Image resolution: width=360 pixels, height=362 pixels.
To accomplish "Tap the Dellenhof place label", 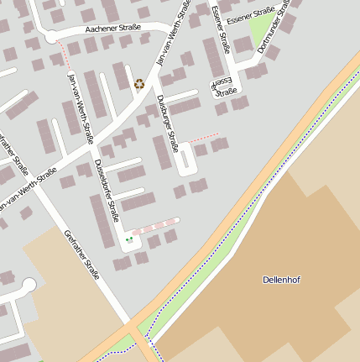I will tap(281, 280).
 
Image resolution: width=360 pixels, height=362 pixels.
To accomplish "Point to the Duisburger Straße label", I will tap(168, 124).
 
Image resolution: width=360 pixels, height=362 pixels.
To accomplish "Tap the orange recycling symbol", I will tap(139, 83).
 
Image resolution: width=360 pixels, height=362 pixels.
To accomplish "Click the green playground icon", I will tap(129, 240).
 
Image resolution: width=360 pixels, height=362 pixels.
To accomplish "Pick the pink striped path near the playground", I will tap(155, 226).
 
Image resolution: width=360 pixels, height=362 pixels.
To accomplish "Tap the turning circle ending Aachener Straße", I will tap(51, 38).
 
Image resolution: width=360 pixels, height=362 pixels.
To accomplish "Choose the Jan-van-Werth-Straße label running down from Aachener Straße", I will tap(77, 104).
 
